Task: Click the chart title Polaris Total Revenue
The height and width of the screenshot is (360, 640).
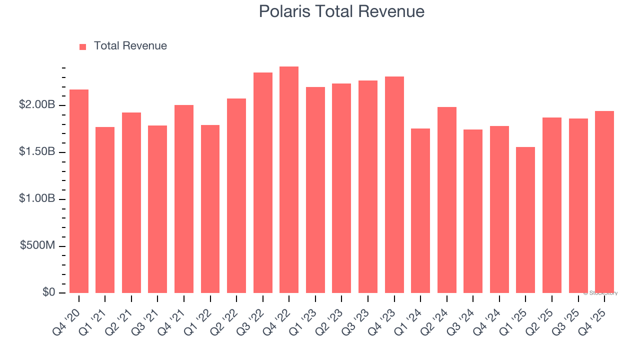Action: click(x=341, y=11)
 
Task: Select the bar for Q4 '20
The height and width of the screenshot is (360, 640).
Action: click(x=79, y=191)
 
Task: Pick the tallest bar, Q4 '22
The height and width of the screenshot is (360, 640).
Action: click(x=289, y=180)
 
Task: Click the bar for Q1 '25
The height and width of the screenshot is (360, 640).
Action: click(x=525, y=220)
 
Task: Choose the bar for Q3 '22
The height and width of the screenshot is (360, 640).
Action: click(x=263, y=183)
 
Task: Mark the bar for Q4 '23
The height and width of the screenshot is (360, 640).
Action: click(x=394, y=185)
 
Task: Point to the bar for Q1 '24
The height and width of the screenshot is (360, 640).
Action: click(x=420, y=211)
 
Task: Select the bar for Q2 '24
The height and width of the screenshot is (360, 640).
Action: click(x=447, y=200)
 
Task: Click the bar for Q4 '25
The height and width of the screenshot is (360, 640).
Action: click(x=604, y=202)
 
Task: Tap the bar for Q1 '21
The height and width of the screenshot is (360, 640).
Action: click(x=105, y=210)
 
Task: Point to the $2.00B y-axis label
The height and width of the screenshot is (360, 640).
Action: click(x=37, y=105)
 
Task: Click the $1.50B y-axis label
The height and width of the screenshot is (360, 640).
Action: click(x=37, y=152)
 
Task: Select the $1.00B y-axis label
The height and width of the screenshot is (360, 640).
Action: click(x=37, y=199)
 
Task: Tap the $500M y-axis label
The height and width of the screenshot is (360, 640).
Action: click(x=37, y=245)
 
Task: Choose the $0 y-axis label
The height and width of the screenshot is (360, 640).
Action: click(x=48, y=292)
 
